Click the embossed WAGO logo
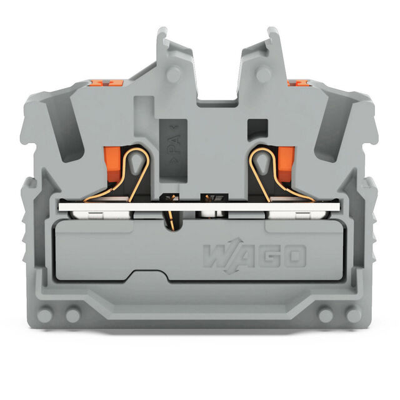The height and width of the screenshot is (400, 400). (x=254, y=256)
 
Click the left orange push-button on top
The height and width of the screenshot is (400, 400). (x=106, y=82)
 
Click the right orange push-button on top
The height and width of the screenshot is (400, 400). (x=297, y=82)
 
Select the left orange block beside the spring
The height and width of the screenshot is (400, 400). (x=112, y=164)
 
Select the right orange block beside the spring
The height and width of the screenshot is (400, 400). (x=286, y=164)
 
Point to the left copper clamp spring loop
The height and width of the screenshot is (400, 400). (x=127, y=174)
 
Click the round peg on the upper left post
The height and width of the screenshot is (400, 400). (x=174, y=74)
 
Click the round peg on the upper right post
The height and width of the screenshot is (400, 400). (x=263, y=74)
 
